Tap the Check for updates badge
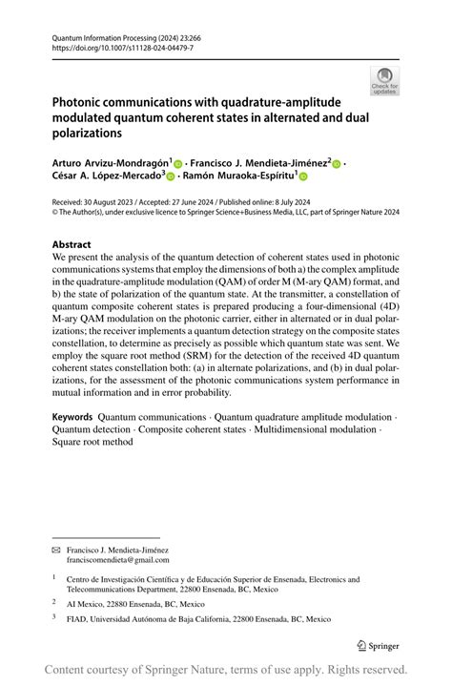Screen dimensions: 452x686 pos(385,80)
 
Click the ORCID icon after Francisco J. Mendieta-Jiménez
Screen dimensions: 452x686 pos(337,164)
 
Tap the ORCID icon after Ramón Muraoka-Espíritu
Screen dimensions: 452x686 pos(303,177)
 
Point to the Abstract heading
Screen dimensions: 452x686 pos(72,244)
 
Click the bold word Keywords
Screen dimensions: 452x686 pos(72,417)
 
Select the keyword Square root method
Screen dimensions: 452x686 pos(92,443)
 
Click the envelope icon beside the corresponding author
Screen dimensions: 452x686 pos(56,551)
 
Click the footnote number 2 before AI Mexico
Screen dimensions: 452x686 pos(54,603)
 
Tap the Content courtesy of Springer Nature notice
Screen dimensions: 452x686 pos(226,669)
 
